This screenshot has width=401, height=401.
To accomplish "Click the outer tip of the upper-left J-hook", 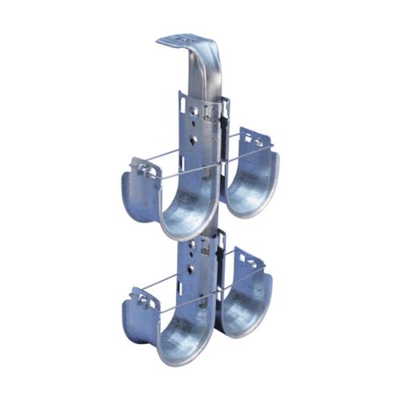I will coord(138,170).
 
